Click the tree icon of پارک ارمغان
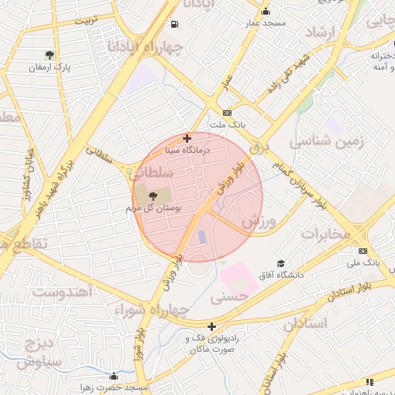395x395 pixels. coord(50,55)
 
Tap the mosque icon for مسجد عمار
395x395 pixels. coord(266,11)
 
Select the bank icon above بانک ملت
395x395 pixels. coord(228,112)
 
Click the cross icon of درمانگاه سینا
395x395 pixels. coord(187,138)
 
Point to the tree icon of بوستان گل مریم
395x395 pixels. coord(151,196)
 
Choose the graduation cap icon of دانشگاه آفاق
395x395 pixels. coord(280,264)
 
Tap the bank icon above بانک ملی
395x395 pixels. coord(363,251)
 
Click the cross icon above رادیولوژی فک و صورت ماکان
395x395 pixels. coord(211,326)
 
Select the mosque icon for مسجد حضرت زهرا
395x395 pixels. coord(114,376)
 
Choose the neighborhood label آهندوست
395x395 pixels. coord(62,292)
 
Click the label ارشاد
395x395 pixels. coord(323,32)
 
